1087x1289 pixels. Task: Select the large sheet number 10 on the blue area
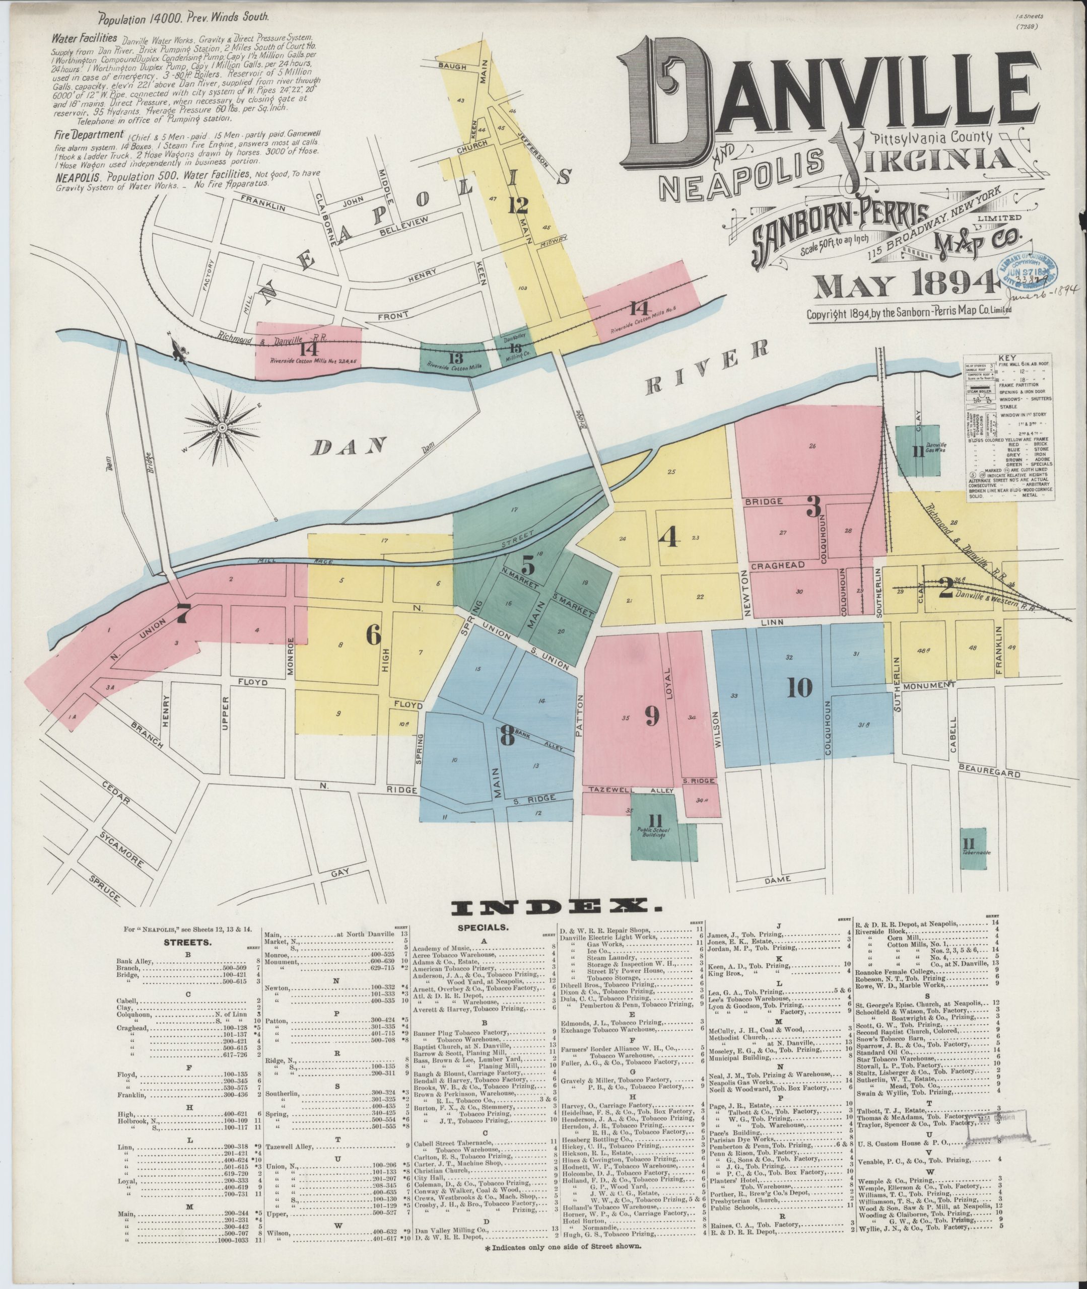[x=799, y=688]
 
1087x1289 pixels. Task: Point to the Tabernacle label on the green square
[x=974, y=853]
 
